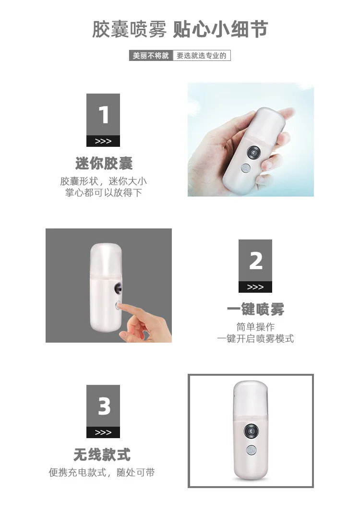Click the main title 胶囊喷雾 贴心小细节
coord(180,30)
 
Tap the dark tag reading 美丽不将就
coord(151,56)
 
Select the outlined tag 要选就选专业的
coord(202,56)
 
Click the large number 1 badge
coord(103,115)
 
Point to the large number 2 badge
coord(255,261)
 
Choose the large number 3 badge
coord(103,406)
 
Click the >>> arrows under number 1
coord(103,141)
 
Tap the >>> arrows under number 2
coord(255,287)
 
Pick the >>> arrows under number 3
coord(103,432)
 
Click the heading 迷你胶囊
coord(104,163)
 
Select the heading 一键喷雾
coord(255,310)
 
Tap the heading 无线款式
coord(102,454)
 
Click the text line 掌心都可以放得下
coord(104,193)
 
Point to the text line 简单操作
coord(255,327)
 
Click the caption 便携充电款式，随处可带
coord(102,473)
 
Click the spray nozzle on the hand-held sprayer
coord(252,153)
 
